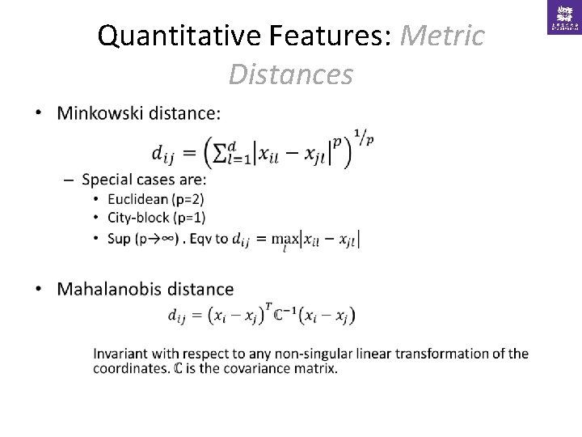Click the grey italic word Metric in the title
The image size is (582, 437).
442,36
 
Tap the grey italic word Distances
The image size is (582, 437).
290,74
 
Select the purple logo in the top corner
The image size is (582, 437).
563,17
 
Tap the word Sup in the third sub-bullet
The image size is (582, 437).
118,239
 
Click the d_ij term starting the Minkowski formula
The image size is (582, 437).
165,153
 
